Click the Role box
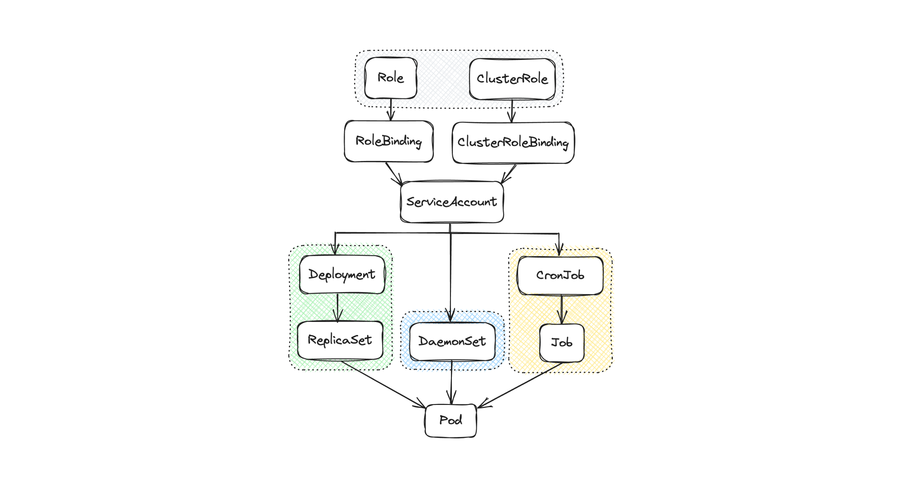391,78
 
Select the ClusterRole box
512,79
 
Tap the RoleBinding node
388,141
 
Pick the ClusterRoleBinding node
513,142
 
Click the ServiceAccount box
452,202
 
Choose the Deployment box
342,275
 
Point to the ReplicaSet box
340,340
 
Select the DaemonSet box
452,341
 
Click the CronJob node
560,276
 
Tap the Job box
562,343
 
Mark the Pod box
450,420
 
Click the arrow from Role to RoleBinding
391,110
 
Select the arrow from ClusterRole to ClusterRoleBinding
512,111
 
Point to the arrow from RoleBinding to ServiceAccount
394,173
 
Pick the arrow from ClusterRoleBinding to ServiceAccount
509,174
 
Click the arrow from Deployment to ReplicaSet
337,308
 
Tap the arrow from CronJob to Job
561,309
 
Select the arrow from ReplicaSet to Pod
383,384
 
